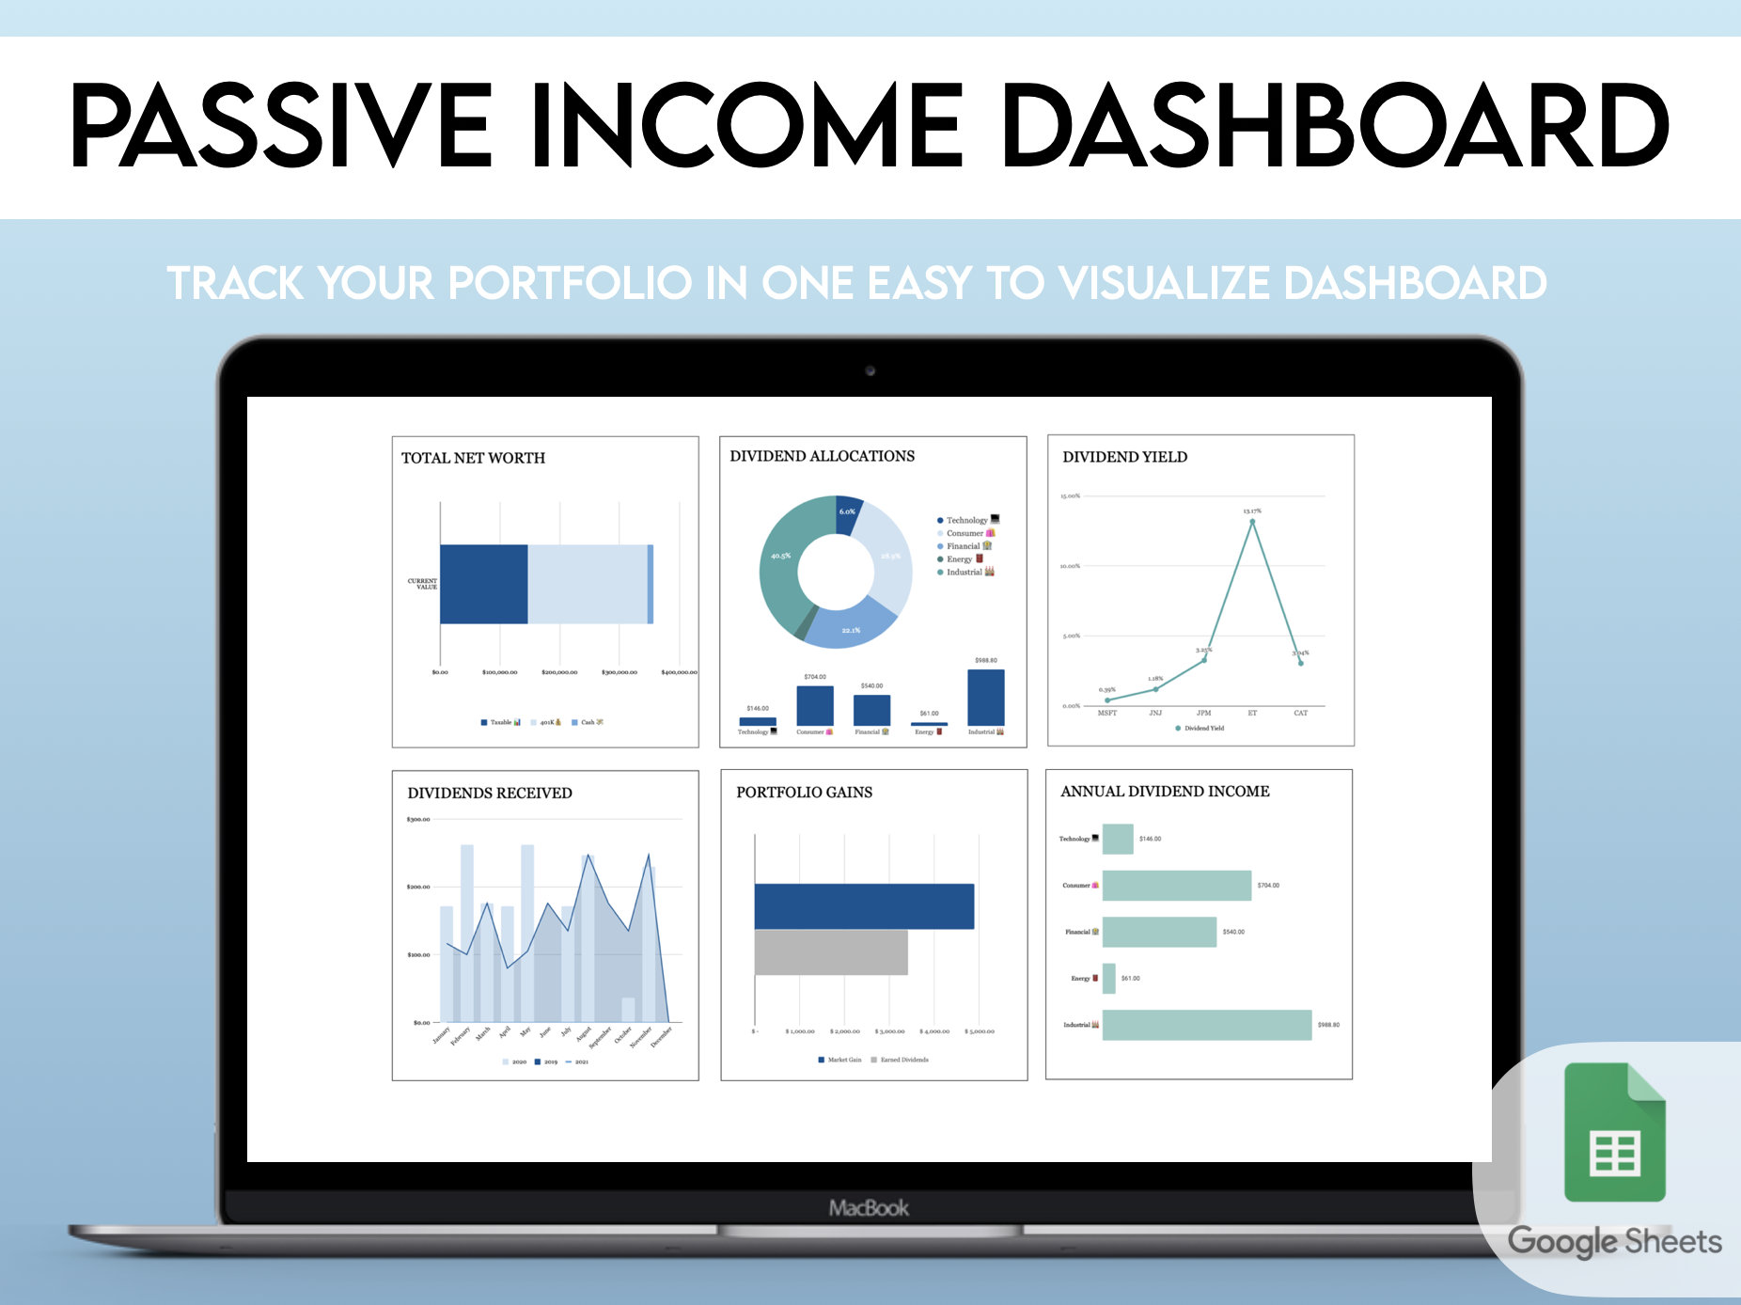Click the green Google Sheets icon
1614,1132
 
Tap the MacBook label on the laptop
869,1208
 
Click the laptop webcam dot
870,371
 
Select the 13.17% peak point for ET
1252,522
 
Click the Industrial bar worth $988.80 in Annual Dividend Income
1206,1025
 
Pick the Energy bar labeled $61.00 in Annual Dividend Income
1109,979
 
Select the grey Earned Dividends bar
831,952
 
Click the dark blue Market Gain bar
864,906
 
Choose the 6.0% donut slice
847,512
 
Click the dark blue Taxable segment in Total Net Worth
483,584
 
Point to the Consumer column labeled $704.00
814,705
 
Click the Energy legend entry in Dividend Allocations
960,559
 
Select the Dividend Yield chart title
1124,457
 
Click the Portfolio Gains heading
804,793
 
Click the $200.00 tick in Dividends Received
418,887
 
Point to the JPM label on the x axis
1203,713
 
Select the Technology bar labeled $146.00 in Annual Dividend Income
1118,839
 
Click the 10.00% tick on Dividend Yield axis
1070,566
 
